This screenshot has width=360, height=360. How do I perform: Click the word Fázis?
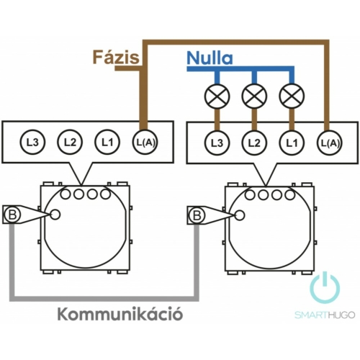click(116, 57)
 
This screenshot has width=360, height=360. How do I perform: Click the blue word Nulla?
click(210, 58)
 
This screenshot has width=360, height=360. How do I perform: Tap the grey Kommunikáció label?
click(120, 314)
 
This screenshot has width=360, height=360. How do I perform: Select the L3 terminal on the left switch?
click(32, 143)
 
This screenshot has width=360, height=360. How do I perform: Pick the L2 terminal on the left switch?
click(70, 143)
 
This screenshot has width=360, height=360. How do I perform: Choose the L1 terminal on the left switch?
click(107, 143)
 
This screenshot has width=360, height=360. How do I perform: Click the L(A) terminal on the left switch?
click(145, 143)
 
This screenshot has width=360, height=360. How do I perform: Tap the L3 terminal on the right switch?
click(217, 143)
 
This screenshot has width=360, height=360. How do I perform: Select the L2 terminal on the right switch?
click(254, 143)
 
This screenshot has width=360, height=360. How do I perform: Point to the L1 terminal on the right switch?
click(292, 143)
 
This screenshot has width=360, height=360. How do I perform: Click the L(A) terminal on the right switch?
click(330, 143)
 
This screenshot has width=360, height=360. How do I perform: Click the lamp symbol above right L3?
click(217, 96)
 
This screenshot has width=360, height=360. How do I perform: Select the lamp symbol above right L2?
click(255, 96)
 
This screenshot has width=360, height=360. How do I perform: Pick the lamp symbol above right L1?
click(292, 96)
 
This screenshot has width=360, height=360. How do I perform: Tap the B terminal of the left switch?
click(12, 215)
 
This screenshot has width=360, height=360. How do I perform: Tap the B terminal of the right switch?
click(197, 215)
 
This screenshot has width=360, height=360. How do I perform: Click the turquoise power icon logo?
click(325, 287)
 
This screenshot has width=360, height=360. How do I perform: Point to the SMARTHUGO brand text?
click(325, 315)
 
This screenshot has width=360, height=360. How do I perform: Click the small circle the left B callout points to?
click(55, 215)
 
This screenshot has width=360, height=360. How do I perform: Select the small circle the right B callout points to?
click(240, 215)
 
